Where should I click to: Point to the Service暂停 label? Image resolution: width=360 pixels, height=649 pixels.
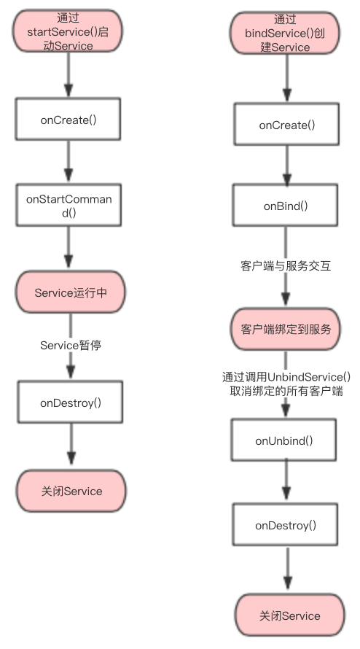click(71, 346)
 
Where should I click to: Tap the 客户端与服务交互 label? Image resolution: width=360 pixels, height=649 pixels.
click(286, 266)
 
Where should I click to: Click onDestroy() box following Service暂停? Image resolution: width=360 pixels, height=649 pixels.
click(69, 401)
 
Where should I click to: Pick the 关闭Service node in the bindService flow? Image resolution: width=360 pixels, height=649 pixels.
click(289, 615)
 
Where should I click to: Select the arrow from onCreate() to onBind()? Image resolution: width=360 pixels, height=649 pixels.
click(286, 166)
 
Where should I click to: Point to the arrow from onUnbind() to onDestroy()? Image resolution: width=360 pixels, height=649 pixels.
click(286, 483)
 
